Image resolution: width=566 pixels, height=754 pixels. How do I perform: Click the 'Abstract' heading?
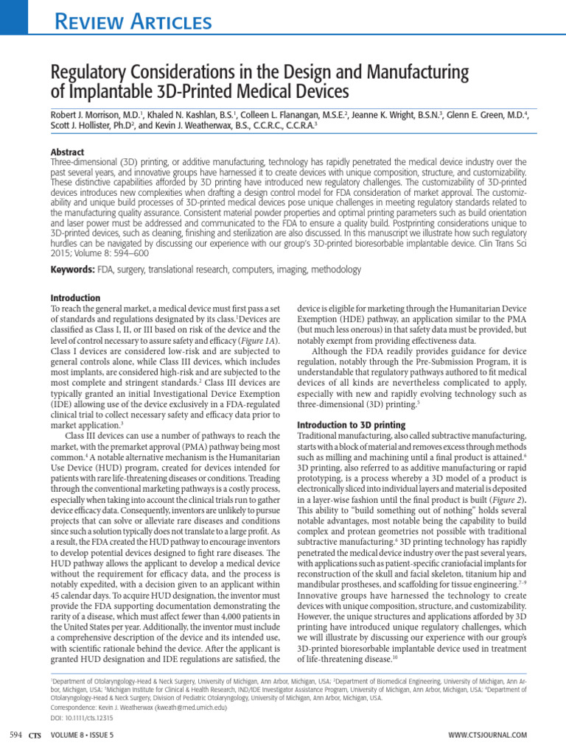tap(69, 152)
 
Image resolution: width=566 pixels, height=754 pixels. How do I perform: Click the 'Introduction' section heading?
tap(75, 298)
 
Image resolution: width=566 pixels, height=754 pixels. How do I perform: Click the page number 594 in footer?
tap(15, 735)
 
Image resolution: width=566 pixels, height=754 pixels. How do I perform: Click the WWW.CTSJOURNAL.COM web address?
tap(487, 735)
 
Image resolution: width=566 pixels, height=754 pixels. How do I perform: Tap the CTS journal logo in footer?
tap(35, 735)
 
